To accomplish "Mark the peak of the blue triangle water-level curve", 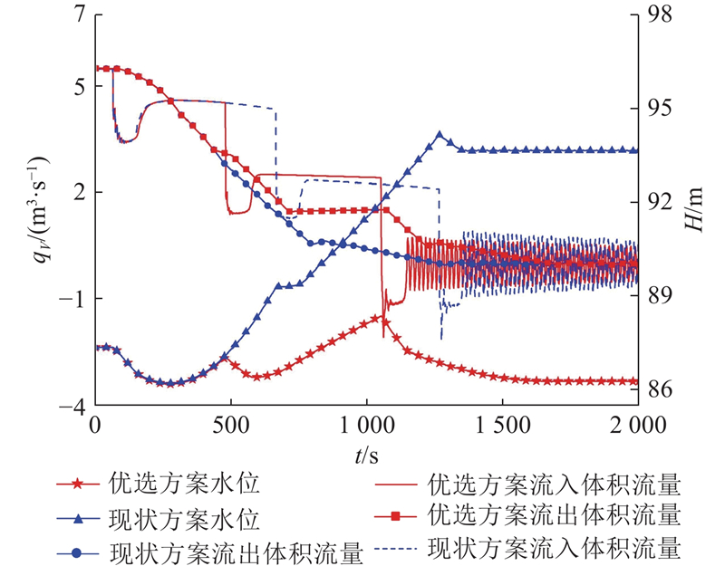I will click(440, 135).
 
